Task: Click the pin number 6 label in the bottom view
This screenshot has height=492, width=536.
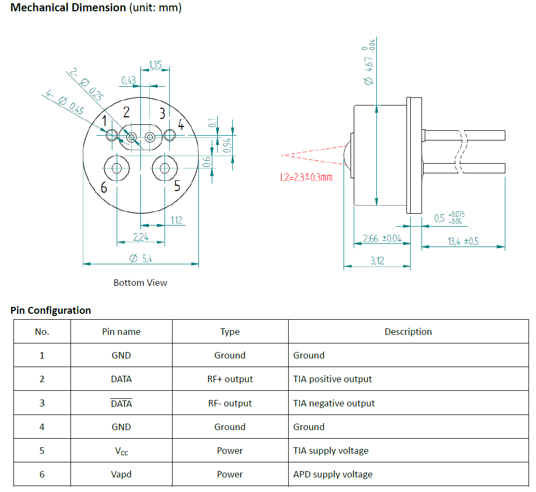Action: click(x=104, y=187)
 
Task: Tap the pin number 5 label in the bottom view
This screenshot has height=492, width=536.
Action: click(x=177, y=186)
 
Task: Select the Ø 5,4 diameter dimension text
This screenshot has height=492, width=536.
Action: click(x=141, y=258)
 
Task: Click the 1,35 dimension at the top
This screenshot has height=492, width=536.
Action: click(x=155, y=65)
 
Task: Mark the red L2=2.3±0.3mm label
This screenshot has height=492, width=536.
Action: click(x=306, y=177)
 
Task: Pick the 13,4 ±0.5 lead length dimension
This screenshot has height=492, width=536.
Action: click(x=463, y=241)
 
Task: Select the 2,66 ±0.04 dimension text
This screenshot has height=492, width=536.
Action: click(x=382, y=238)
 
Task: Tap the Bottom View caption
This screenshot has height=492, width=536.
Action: click(x=140, y=283)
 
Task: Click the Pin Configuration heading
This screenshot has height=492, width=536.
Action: click(x=51, y=311)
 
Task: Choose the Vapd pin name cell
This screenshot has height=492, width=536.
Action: click(x=121, y=474)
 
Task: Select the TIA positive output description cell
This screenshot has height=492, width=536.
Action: click(x=332, y=379)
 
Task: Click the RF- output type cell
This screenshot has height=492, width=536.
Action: click(x=230, y=403)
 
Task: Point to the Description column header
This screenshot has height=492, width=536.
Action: click(x=408, y=332)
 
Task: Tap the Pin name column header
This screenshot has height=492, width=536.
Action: click(x=121, y=332)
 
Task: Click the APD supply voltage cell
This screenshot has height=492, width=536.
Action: click(x=332, y=474)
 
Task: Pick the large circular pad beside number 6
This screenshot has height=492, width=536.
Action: click(x=117, y=168)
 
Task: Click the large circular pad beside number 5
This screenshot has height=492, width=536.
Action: click(x=165, y=168)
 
